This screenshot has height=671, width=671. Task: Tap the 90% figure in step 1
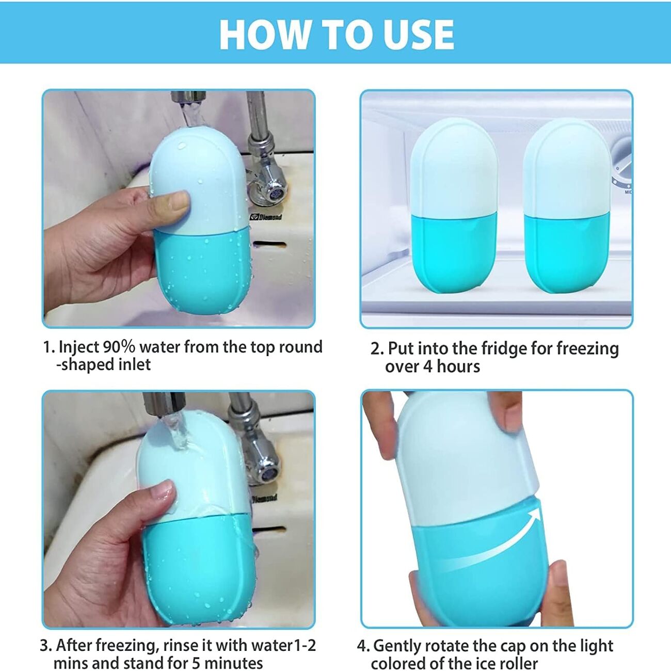click(x=119, y=347)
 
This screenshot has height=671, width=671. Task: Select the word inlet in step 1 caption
click(x=135, y=364)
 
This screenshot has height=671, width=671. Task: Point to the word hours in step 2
click(x=458, y=366)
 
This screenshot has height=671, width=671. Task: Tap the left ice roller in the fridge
click(x=454, y=206)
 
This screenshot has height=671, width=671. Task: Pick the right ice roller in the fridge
click(x=566, y=206)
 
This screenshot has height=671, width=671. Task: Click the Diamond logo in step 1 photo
click(x=266, y=217)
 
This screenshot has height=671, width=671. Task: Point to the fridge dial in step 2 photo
click(x=622, y=165)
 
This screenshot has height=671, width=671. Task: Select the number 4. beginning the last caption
click(x=363, y=646)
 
